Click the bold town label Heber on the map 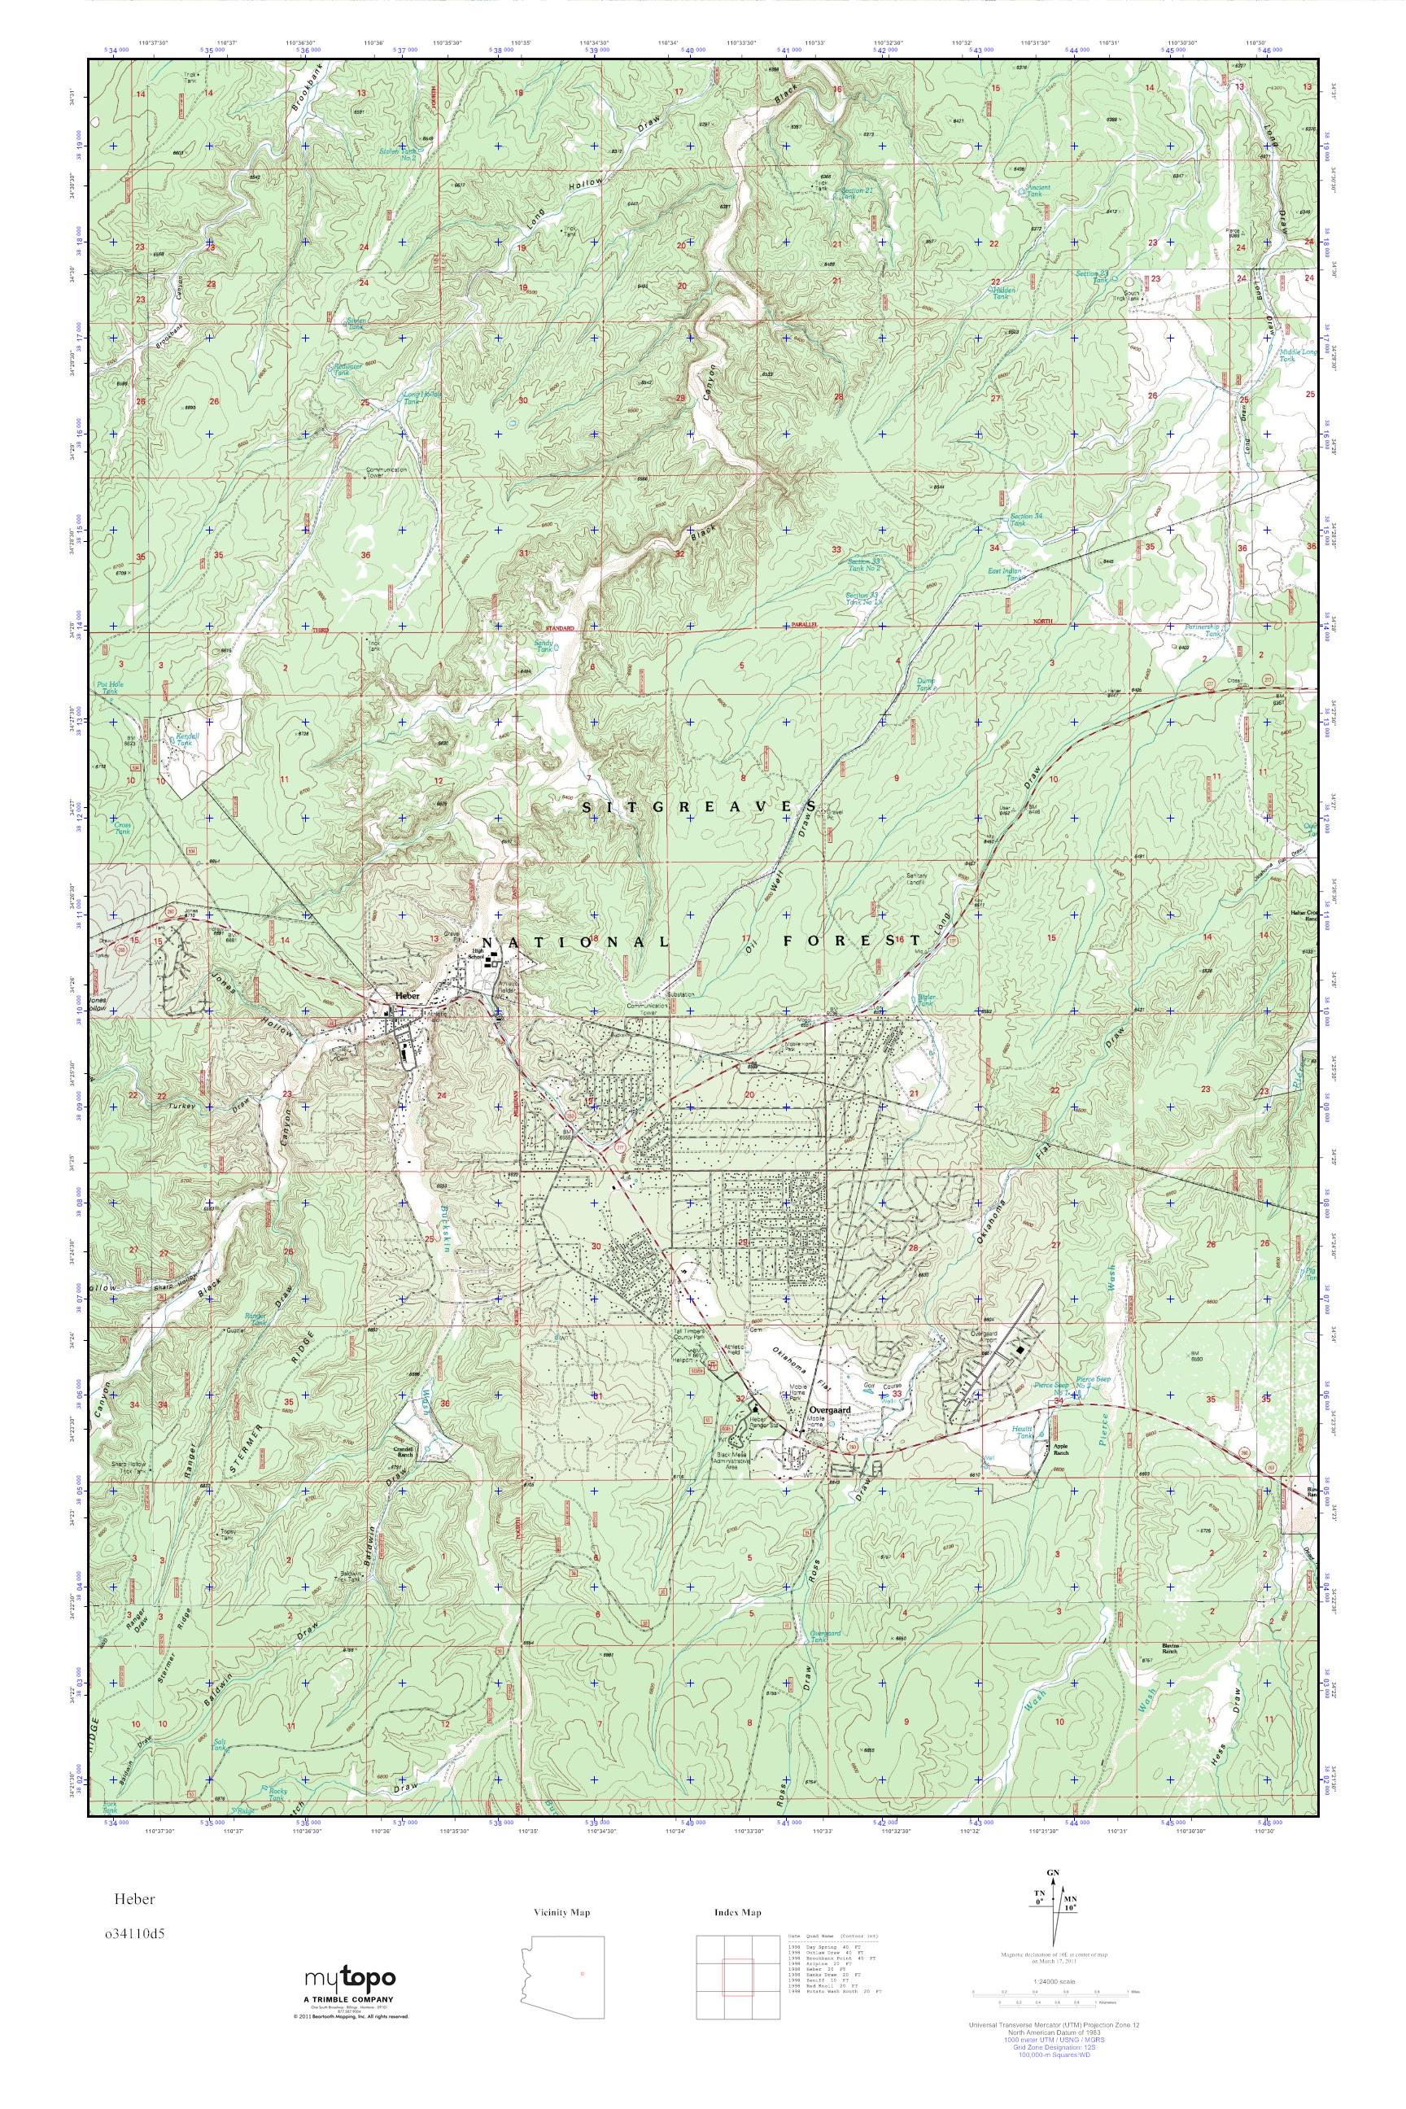407,996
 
